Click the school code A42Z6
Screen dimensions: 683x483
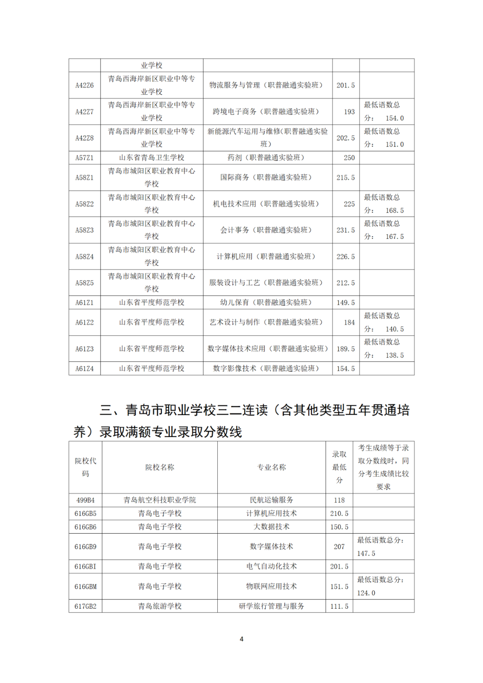[x=85, y=85]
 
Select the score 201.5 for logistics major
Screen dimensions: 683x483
[x=346, y=85]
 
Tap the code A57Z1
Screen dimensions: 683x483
[x=85, y=158]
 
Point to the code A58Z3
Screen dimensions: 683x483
[x=85, y=230]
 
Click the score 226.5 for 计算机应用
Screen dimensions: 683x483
[x=346, y=257]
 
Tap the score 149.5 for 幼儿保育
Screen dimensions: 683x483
[x=346, y=303]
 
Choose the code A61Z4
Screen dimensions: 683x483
[x=85, y=369]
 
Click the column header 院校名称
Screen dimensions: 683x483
[x=160, y=467]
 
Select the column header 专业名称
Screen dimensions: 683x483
[x=271, y=467]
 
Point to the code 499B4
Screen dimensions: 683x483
[x=85, y=500]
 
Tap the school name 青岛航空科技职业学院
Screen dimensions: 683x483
[x=160, y=500]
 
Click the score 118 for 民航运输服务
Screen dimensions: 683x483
[x=339, y=500]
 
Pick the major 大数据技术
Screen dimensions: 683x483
[x=271, y=527]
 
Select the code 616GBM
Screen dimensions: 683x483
[x=85, y=586]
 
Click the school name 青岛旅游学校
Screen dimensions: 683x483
[x=160, y=606]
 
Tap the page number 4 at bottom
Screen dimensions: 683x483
[x=241, y=639]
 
